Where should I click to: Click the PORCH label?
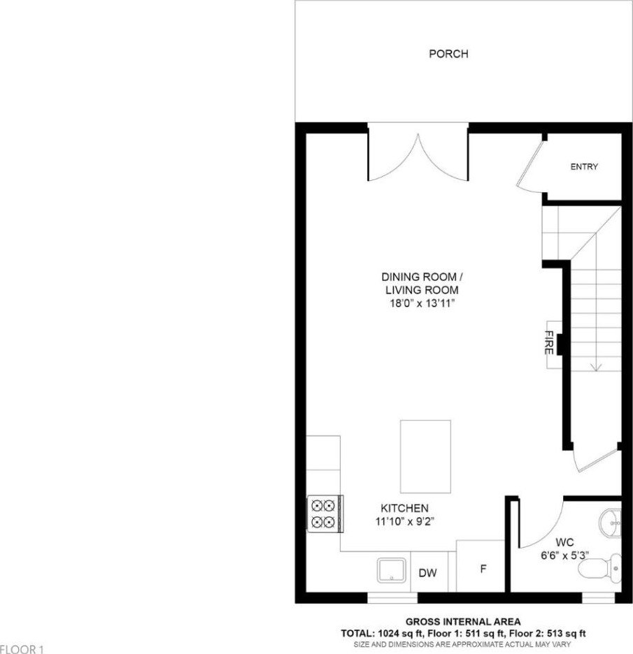coord(448,54)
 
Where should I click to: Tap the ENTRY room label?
coord(584,166)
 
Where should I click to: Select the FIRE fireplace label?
coord(549,342)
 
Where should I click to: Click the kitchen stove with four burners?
coord(325,514)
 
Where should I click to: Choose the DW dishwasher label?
coord(427,573)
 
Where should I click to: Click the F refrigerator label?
coord(483,569)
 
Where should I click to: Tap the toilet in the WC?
coord(608,568)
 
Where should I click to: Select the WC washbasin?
coord(611,521)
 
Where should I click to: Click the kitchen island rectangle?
coord(425,456)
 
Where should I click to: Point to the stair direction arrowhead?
coord(595,367)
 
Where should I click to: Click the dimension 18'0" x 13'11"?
coord(422,303)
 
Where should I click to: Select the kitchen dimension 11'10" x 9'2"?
coord(405,521)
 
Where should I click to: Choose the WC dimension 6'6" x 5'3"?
coord(564,555)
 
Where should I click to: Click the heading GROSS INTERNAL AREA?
coord(463,622)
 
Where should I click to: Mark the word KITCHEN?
coord(404,508)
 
